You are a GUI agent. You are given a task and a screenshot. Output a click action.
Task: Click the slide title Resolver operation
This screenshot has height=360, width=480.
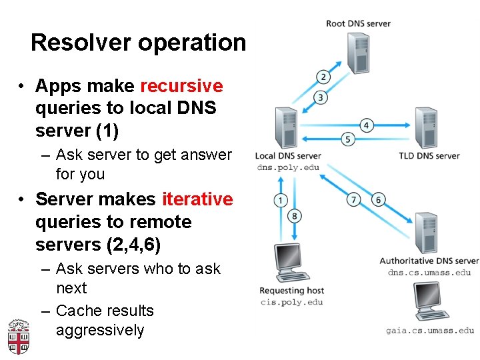point(138,43)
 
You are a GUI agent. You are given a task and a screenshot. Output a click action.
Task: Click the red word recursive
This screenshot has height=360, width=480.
point(181,86)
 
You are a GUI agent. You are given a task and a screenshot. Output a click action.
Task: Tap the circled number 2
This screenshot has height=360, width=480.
point(323,77)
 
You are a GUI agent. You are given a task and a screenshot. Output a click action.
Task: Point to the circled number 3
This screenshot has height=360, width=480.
point(321,98)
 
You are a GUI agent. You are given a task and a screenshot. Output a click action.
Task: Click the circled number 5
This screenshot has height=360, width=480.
point(347,139)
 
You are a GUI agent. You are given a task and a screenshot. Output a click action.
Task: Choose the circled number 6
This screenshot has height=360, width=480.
point(379,199)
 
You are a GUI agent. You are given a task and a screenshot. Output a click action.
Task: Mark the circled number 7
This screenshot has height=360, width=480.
point(355,199)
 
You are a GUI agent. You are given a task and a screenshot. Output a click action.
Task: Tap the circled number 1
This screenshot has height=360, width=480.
point(281,200)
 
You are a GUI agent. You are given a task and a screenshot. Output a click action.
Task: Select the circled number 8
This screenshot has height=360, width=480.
point(295,215)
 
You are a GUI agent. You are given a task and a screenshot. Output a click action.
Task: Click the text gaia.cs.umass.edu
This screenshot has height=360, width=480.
point(430,330)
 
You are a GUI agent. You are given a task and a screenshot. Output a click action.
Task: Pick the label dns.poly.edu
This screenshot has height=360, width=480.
point(288,167)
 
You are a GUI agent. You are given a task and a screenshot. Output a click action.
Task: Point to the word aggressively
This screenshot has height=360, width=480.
point(100,331)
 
